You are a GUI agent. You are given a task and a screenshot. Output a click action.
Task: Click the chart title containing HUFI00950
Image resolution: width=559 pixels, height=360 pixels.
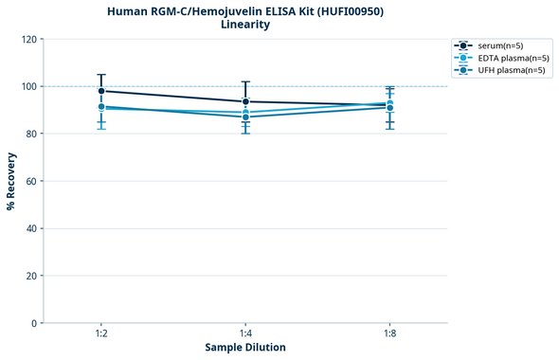(x=245, y=10)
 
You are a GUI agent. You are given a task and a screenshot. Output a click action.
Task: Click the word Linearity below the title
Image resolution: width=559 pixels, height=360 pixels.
(x=245, y=25)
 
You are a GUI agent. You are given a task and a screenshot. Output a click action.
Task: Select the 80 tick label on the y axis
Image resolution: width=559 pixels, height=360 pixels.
(x=29, y=135)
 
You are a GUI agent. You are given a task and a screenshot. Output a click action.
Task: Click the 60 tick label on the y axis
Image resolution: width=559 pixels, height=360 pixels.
(x=29, y=181)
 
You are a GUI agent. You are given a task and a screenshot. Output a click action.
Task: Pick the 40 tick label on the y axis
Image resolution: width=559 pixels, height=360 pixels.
(x=29, y=228)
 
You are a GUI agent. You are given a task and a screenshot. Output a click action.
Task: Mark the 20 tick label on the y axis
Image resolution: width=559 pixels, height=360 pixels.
(x=29, y=276)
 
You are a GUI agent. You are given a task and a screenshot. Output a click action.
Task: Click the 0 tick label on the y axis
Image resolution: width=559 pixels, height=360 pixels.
(x=32, y=323)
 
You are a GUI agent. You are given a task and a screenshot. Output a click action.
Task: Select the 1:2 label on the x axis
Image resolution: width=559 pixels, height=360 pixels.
(x=100, y=334)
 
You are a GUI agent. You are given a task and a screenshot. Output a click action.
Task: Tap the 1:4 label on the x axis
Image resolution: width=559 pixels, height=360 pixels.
(x=245, y=334)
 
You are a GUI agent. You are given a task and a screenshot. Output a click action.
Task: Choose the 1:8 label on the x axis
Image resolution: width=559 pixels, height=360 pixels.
(x=389, y=334)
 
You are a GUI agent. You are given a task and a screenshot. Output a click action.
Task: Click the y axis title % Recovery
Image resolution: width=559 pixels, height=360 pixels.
(x=11, y=181)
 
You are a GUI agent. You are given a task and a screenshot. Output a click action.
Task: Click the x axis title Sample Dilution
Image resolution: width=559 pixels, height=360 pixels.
(x=245, y=348)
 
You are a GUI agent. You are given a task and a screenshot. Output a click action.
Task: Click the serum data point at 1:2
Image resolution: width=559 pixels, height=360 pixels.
(x=100, y=91)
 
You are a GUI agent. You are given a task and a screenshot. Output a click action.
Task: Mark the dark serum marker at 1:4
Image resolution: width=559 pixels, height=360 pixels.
(x=245, y=101)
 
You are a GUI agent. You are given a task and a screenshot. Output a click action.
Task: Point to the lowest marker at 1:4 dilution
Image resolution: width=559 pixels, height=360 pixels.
(x=245, y=117)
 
